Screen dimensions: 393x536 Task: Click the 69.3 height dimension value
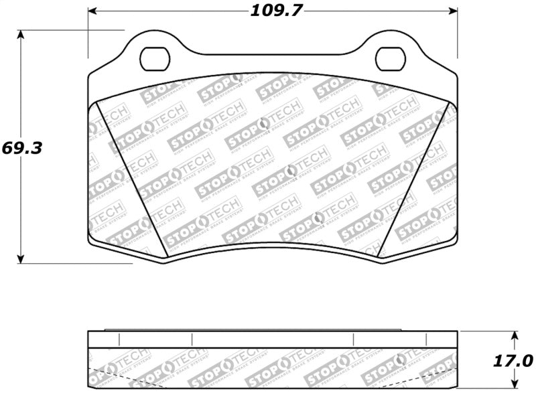pos(21,148)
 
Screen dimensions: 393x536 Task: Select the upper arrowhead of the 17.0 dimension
pos(515,335)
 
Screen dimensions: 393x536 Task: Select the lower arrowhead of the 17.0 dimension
pos(515,384)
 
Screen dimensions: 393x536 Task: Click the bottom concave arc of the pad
pos(273,244)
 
